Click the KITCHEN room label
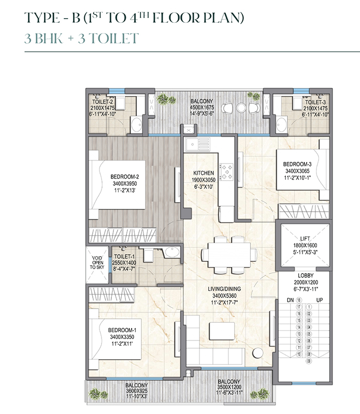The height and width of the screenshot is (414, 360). pos(199,173)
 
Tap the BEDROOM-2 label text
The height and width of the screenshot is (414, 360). pos(125,176)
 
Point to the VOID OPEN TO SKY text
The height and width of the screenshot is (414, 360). pos(98,262)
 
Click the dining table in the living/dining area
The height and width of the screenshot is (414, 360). pos(228,254)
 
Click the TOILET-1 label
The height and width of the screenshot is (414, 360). pos(124,256)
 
